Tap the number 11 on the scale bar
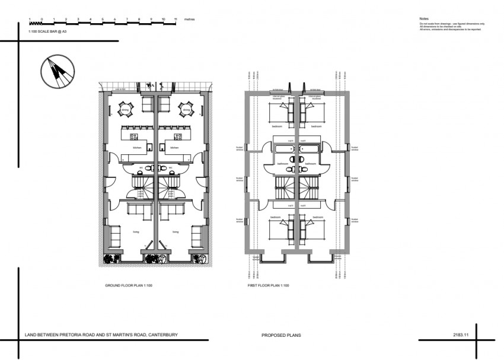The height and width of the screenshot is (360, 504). tap(176, 20)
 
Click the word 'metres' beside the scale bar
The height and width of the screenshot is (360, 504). tap(189, 20)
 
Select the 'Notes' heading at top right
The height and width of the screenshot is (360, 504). tap(423, 19)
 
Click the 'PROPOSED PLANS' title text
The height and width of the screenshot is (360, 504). tap(281, 335)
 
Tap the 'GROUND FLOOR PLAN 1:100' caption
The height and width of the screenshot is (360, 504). tap(129, 286)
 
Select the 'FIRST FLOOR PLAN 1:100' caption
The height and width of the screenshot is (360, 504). tap(268, 286)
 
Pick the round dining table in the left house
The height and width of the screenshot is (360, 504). tap(125, 109)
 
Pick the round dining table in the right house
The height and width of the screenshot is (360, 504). tap(186, 109)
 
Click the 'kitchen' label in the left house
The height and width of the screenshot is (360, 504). tap(137, 147)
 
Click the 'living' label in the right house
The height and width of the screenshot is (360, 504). tap(175, 232)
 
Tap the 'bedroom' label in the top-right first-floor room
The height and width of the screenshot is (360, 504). tap(316, 126)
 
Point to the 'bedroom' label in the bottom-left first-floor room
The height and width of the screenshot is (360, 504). tap(276, 218)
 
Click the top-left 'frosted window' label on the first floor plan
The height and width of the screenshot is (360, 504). tap(240, 149)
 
